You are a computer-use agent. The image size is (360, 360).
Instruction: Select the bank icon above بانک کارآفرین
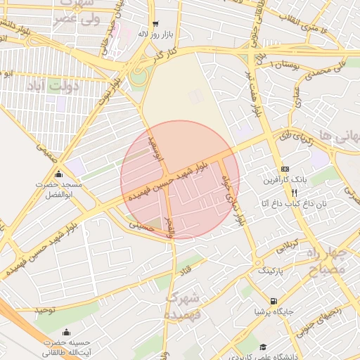point(285,169)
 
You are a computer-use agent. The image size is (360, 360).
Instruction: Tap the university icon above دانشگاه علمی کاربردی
point(263,347)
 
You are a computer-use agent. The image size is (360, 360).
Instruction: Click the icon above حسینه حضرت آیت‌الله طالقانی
point(66,333)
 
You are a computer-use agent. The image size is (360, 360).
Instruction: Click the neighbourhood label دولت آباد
point(45,86)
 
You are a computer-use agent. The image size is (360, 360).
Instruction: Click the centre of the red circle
point(180,180)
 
